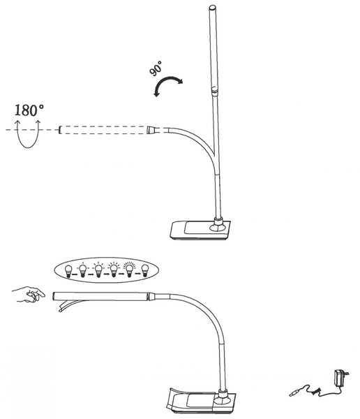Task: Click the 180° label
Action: [29, 110]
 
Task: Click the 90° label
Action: [156, 68]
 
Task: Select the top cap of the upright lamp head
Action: [213, 8]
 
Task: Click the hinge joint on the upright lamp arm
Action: [215, 90]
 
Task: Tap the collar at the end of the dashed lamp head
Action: [151, 130]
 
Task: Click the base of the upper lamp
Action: [200, 230]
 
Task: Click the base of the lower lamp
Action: [201, 402]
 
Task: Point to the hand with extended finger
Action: [29, 295]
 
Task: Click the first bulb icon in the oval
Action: [69, 271]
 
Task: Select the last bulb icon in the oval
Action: [144, 270]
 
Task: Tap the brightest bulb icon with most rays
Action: [130, 270]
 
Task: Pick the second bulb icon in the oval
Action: [82, 270]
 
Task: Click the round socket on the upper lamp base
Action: [218, 228]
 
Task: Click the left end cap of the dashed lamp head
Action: [60, 130]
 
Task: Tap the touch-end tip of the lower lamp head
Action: [54, 296]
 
